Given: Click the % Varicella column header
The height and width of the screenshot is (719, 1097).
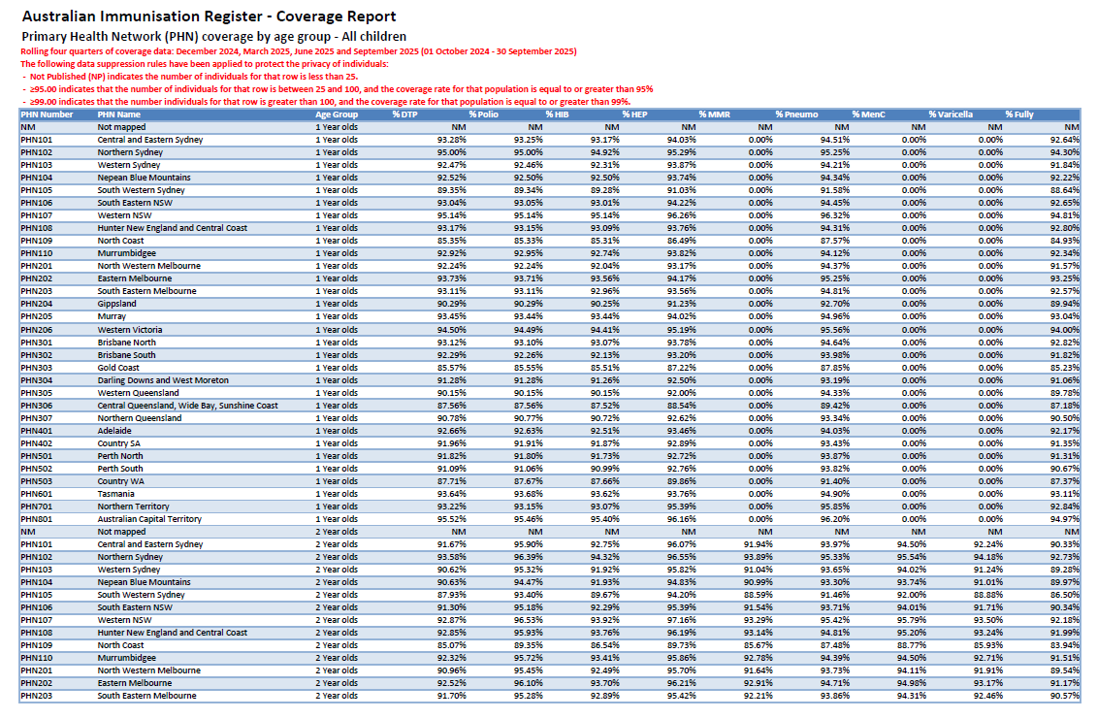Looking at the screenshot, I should (x=950, y=114).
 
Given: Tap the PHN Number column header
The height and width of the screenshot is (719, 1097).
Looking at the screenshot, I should (x=47, y=114).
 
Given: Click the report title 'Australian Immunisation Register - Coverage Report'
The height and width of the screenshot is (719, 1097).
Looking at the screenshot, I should (x=209, y=16).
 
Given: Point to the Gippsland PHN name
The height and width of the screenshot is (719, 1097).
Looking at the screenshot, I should (x=116, y=304).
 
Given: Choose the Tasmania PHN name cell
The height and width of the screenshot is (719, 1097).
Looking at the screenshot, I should (x=116, y=494).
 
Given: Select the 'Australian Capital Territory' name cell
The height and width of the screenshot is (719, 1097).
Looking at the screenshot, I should (x=149, y=519).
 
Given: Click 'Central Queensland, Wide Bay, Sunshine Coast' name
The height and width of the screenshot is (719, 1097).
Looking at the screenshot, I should (x=187, y=406).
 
